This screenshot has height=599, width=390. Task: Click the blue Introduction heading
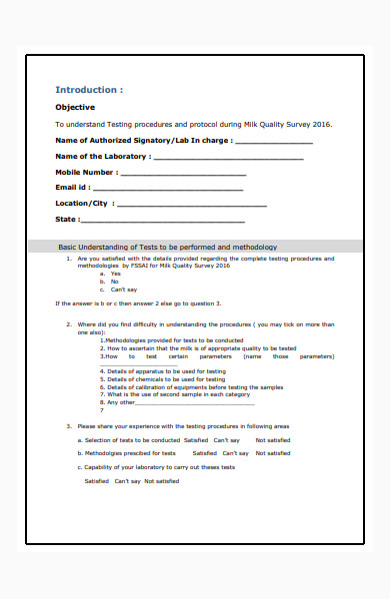(89, 90)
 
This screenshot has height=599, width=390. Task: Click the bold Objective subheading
(75, 107)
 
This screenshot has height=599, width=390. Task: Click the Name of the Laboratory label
(103, 157)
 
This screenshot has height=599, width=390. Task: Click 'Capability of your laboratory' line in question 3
(156, 467)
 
